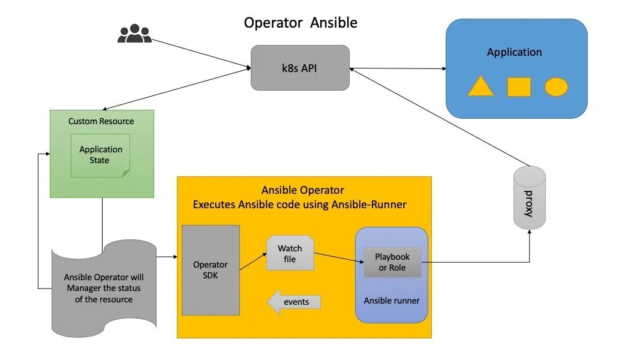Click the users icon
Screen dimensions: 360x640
coord(134,34)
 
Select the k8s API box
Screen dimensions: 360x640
coord(300,68)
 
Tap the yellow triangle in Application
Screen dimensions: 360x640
coord(480,86)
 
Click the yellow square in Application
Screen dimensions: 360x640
coord(519,87)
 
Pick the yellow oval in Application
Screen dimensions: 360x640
coord(556,87)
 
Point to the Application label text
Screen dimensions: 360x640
coord(514,52)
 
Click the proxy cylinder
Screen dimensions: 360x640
coord(530,197)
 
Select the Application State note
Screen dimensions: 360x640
coord(100,155)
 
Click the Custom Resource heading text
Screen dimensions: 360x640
coord(101,121)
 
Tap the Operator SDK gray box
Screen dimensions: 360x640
coord(211,270)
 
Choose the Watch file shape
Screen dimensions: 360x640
coord(290,253)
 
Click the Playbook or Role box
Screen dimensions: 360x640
coord(392,262)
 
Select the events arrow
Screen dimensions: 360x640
coord(293,302)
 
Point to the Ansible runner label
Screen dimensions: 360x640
coord(392,300)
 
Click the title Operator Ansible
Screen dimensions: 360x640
coord(300,23)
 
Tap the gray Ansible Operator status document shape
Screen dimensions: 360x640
coord(104,288)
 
